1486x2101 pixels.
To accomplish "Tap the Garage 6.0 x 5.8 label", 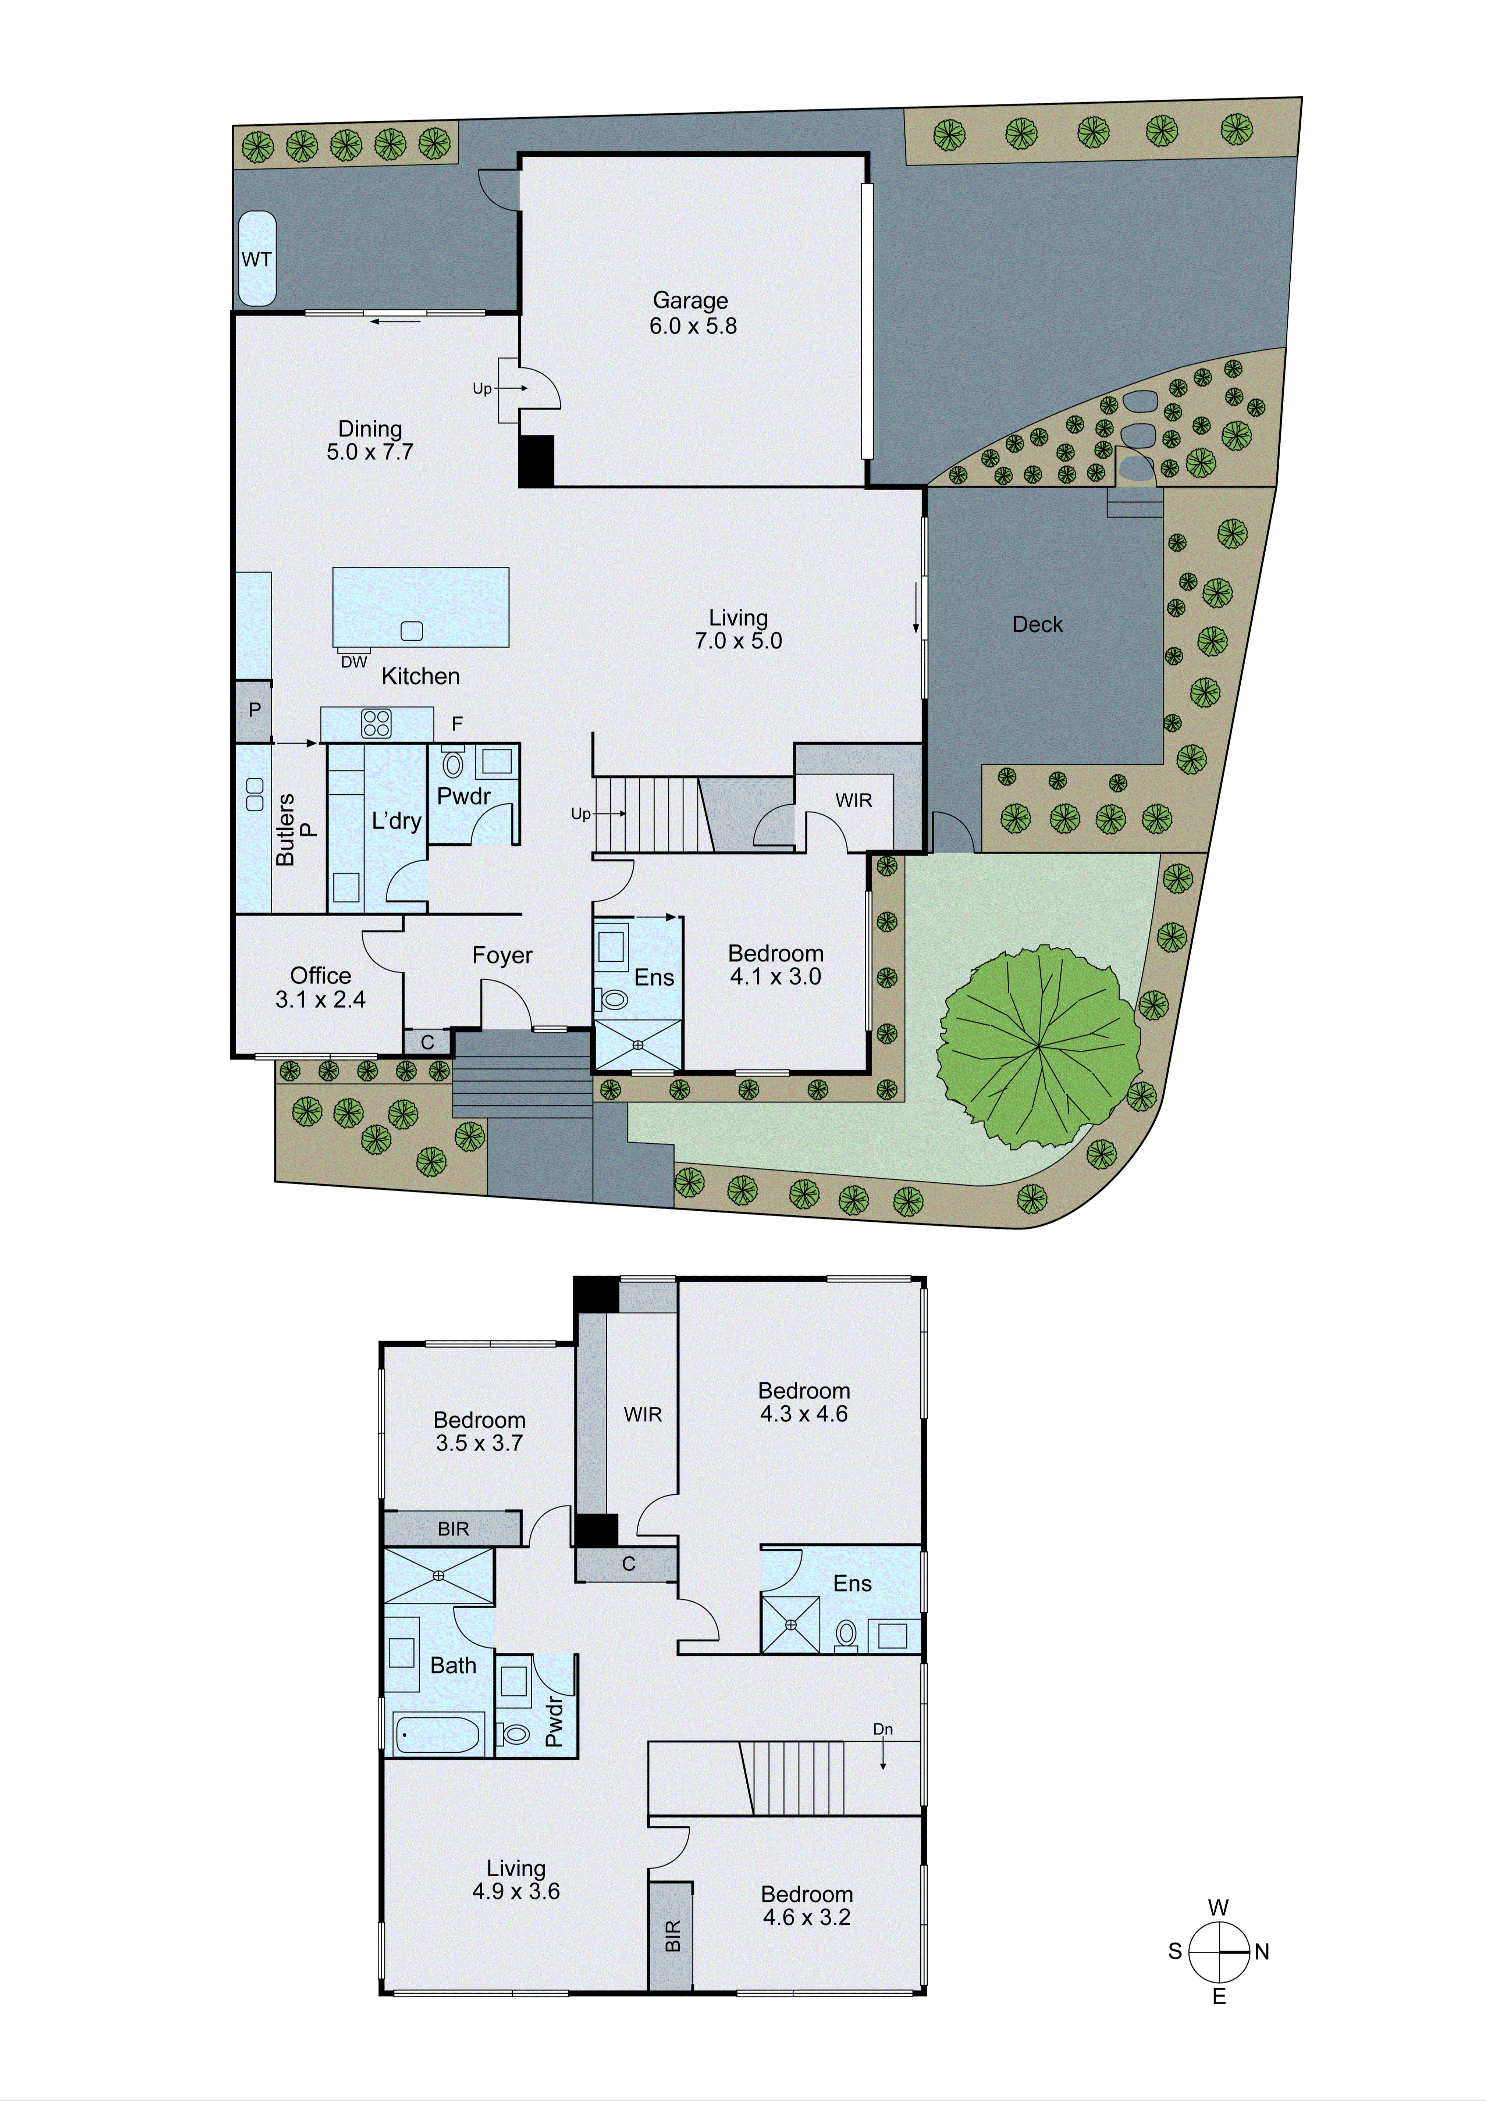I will coord(692,313).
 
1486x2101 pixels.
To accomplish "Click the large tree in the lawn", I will coord(1039,1046).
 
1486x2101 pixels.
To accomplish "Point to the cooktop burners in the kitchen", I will coord(376,724).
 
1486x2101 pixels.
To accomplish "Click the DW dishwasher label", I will coord(353,662).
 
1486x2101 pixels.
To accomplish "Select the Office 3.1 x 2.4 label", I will coord(320,987).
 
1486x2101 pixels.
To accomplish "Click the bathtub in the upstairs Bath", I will coord(437,1734).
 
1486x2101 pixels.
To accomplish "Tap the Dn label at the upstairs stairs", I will coord(882,1728).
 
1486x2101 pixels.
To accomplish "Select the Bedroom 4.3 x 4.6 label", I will coord(803,1402).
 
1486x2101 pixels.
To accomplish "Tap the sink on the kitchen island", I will coord(412,630).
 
